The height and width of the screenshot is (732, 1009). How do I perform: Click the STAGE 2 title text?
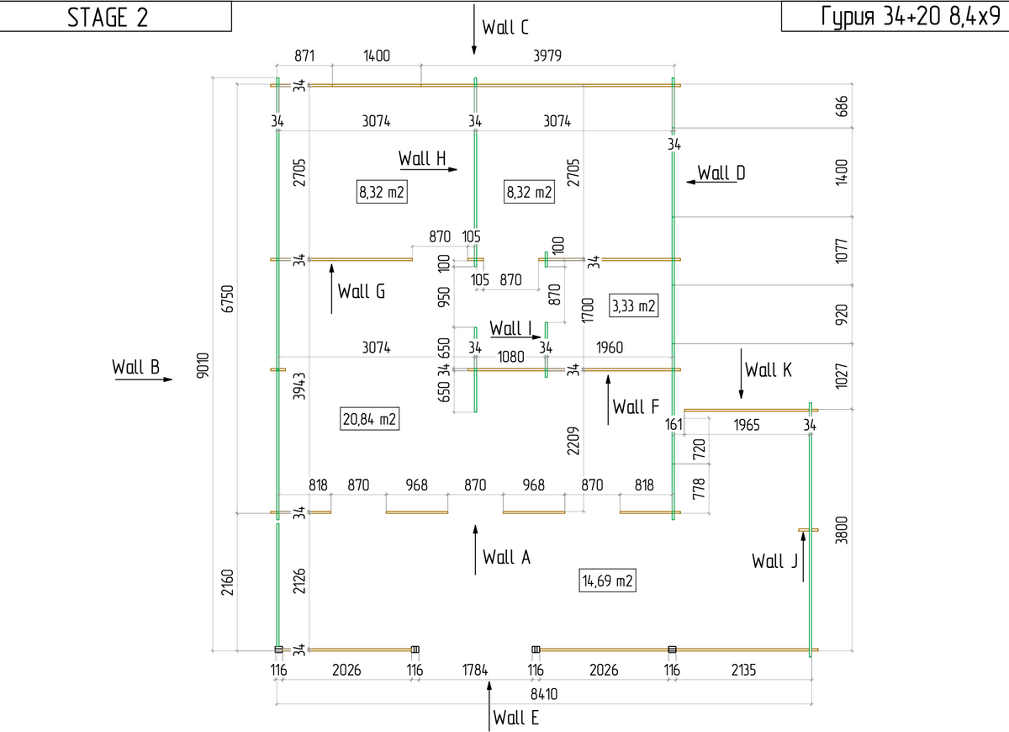[x=108, y=18]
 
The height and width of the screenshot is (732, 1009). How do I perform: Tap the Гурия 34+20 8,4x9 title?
[x=911, y=16]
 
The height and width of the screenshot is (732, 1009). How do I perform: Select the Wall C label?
[x=505, y=27]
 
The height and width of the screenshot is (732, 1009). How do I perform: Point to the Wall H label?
[x=422, y=158]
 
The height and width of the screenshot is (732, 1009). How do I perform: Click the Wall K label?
[x=768, y=369]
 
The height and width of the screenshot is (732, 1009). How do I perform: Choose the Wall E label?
[x=515, y=718]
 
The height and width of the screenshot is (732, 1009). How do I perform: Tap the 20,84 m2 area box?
[x=369, y=419]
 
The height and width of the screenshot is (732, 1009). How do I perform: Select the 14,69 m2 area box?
[x=607, y=581]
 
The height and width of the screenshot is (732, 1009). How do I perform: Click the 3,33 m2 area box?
[x=633, y=306]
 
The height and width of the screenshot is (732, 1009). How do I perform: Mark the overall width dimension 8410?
[x=544, y=694]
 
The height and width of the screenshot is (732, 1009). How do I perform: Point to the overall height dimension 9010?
[x=203, y=365]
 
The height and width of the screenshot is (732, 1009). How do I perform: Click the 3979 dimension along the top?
[x=547, y=56]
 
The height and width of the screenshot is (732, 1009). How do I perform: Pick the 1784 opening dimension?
[x=475, y=671]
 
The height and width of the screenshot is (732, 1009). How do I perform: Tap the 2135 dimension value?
[x=743, y=671]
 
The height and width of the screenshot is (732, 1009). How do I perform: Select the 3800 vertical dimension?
[x=841, y=530]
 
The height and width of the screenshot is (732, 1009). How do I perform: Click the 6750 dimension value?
[x=228, y=299]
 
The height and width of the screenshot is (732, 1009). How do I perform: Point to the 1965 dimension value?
[x=747, y=425]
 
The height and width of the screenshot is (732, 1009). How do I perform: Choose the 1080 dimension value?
[x=510, y=357]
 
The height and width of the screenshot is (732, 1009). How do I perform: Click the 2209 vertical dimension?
[x=573, y=441]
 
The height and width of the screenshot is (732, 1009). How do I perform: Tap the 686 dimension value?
[x=841, y=106]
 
